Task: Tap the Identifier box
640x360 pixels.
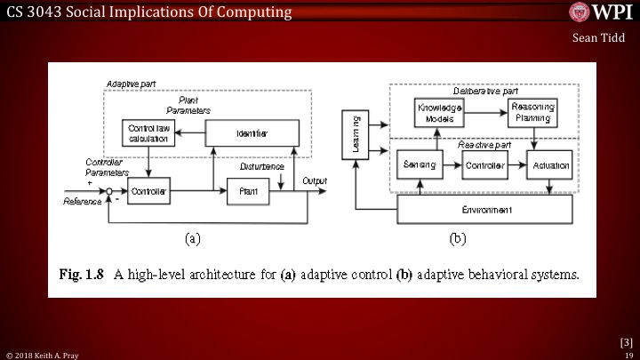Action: click(252, 134)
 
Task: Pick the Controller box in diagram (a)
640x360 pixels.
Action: click(148, 191)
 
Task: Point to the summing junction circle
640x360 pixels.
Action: click(108, 191)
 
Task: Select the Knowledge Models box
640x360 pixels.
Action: click(441, 112)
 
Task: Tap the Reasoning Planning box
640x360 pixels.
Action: click(532, 112)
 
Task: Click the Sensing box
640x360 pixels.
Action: click(420, 166)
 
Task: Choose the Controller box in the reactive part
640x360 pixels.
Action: click(485, 166)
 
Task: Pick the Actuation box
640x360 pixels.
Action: click(550, 166)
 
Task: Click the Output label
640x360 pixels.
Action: click(316, 180)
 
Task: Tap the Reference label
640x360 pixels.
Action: click(83, 202)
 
